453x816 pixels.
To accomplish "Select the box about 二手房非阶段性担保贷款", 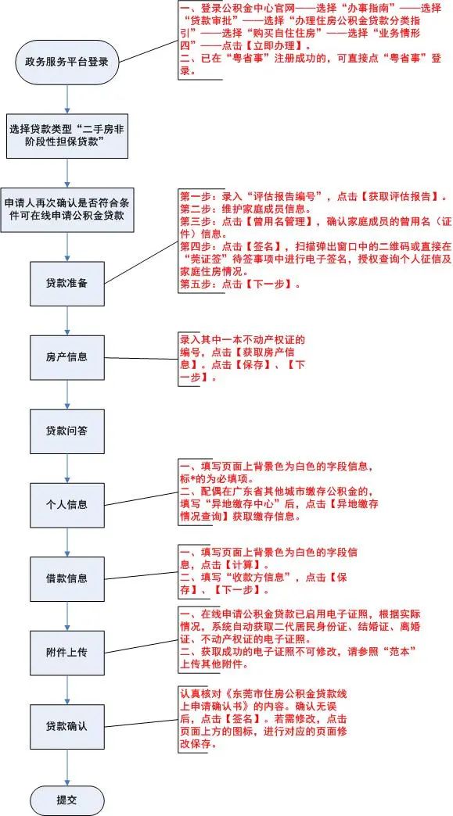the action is pyautogui.click(x=67, y=136).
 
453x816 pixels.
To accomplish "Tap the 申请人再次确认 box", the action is pyautogui.click(x=67, y=209).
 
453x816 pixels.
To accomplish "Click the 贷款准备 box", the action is pyautogui.click(x=67, y=284).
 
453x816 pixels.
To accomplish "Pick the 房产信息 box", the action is pyautogui.click(x=67, y=357).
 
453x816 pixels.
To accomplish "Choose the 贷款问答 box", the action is pyautogui.click(x=67, y=431).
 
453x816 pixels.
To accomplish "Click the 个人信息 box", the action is pyautogui.click(x=67, y=505).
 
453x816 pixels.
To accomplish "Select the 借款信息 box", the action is pyautogui.click(x=67, y=578).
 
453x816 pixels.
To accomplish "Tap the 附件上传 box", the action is pyautogui.click(x=67, y=653).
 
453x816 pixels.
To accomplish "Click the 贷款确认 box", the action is pyautogui.click(x=67, y=726).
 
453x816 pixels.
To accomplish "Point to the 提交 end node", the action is pyautogui.click(x=67, y=800).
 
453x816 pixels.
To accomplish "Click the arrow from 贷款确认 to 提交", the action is pyautogui.click(x=67, y=767).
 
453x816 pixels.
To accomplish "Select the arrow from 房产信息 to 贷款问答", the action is pyautogui.click(x=67, y=395).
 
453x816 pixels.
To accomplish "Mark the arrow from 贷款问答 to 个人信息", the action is pyautogui.click(x=67, y=468).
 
